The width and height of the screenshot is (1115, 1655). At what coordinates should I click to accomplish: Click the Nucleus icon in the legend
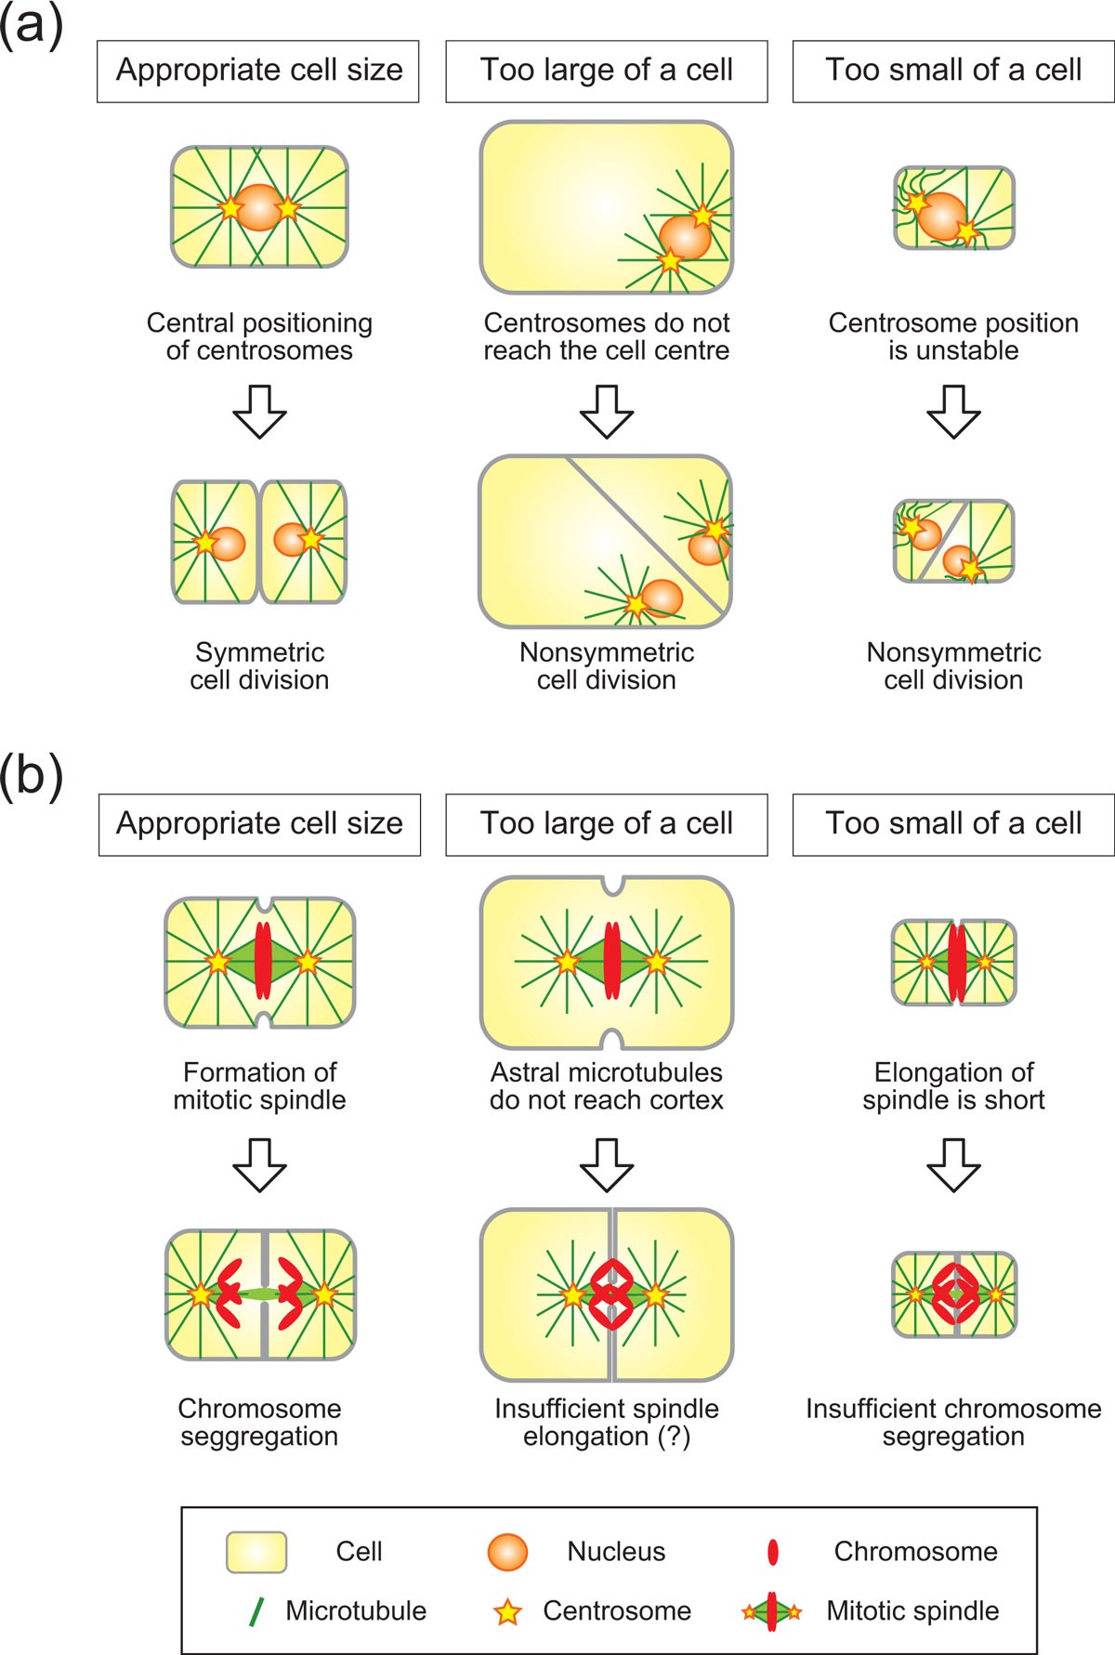click(x=507, y=1552)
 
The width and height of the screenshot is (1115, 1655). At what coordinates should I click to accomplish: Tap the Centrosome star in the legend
click(x=507, y=1612)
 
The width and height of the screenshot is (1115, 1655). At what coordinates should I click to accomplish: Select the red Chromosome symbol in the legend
click(x=772, y=1552)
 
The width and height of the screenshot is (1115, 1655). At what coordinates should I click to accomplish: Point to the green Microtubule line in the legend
click(x=256, y=1611)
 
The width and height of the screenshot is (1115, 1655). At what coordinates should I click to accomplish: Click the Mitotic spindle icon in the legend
click(x=771, y=1612)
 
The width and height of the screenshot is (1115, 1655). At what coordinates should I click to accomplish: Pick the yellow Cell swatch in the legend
click(x=256, y=1552)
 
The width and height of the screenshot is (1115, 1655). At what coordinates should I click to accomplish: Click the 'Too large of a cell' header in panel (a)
click(x=607, y=71)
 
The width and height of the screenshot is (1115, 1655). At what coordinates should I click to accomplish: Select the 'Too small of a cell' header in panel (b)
click(x=953, y=824)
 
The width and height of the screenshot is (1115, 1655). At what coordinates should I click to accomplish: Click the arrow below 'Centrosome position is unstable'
click(x=953, y=411)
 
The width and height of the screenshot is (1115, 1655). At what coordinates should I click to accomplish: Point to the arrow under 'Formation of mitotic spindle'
click(x=259, y=1164)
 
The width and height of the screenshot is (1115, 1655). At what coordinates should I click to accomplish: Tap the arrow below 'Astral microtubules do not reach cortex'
click(x=607, y=1164)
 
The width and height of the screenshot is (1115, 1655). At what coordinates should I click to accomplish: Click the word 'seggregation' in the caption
click(x=259, y=1437)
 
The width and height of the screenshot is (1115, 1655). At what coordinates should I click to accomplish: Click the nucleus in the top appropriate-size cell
click(x=259, y=207)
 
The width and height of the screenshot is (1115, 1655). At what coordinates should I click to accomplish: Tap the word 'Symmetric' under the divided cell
click(x=259, y=652)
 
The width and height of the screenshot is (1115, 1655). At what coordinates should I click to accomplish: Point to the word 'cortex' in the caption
click(x=687, y=1100)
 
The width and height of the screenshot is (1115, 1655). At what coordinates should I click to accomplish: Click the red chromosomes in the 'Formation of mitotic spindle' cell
click(x=262, y=961)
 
